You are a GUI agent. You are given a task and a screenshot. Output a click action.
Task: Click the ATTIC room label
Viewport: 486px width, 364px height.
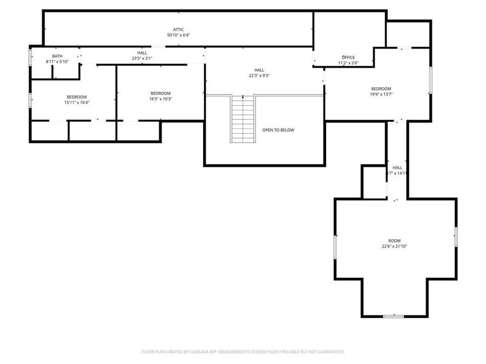pyautogui.click(x=178, y=29)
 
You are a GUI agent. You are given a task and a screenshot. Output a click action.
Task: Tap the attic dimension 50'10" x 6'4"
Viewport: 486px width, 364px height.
pyautogui.click(x=178, y=35)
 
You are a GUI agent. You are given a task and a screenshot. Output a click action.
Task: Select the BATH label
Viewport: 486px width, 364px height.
pyautogui.click(x=57, y=56)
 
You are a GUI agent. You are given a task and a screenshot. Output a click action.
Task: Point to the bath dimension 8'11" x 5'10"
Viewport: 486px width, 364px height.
pyautogui.click(x=57, y=61)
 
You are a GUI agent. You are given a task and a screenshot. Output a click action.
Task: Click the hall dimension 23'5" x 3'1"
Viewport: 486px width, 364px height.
pyautogui.click(x=142, y=58)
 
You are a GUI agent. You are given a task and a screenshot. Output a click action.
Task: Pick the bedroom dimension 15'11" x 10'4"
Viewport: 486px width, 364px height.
pyautogui.click(x=77, y=102)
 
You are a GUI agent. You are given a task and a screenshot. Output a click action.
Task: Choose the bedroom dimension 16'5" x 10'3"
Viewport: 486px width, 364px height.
pyautogui.click(x=160, y=99)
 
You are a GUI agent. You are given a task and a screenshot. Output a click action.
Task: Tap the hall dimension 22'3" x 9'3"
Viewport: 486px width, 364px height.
pyautogui.click(x=259, y=76)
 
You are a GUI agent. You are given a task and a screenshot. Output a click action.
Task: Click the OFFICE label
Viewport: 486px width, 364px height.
pyautogui.click(x=348, y=58)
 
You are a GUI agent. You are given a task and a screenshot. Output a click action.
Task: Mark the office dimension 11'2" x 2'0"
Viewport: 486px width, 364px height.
pyautogui.click(x=348, y=63)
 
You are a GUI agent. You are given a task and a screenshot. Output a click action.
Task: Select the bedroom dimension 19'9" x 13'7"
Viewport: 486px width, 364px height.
pyautogui.click(x=381, y=95)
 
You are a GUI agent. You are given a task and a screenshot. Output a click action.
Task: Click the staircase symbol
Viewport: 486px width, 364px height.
pyautogui.click(x=244, y=119)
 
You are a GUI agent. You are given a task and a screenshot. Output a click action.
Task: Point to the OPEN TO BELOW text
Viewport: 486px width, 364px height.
pyautogui.click(x=278, y=130)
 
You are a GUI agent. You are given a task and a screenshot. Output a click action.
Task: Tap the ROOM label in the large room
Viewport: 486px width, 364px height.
pyautogui.click(x=394, y=241)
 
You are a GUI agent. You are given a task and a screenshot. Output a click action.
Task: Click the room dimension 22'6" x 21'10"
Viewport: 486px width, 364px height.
pyautogui.click(x=394, y=246)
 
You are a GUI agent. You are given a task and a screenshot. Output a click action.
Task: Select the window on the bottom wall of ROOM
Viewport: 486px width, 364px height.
pyautogui.click(x=394, y=316)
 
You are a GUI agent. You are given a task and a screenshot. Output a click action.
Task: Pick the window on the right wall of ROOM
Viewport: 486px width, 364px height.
pyautogui.click(x=456, y=237)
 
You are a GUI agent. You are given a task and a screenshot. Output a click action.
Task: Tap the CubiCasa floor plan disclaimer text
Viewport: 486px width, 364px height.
pyautogui.click(x=243, y=352)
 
